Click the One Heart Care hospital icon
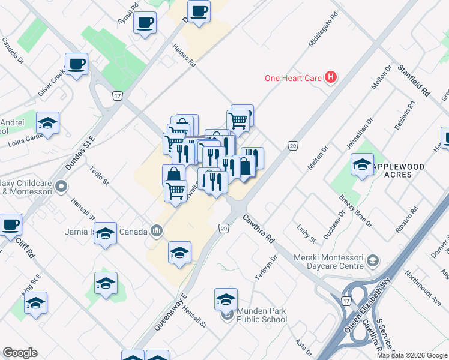(x=330, y=77)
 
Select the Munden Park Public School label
(x=261, y=315)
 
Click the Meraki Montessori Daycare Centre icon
(x=373, y=260)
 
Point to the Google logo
(x=20, y=353)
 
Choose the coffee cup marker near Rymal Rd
(x=145, y=23)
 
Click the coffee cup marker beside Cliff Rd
(x=10, y=225)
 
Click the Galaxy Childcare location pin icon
(x=61, y=188)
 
